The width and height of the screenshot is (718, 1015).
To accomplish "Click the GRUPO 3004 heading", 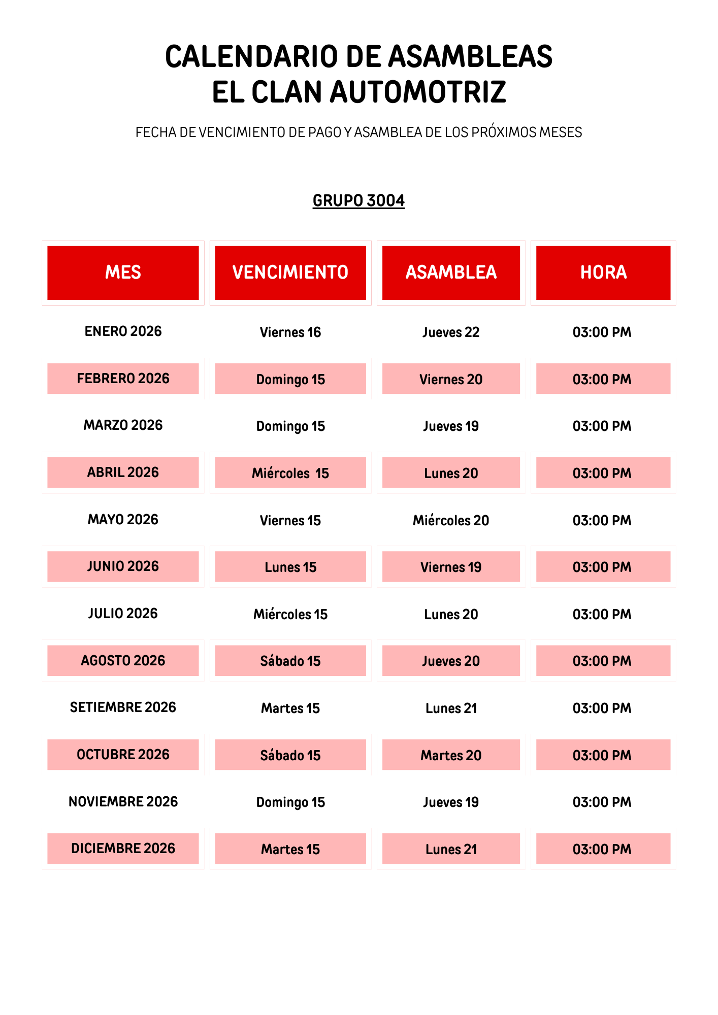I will coord(358,200).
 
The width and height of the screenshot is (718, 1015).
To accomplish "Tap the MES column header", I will coord(123,273).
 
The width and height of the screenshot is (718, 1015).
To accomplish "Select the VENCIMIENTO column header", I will coord(290,273).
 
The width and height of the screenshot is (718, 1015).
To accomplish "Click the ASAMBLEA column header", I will coord(451,273).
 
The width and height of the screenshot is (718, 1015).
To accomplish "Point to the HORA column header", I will coord(603,273).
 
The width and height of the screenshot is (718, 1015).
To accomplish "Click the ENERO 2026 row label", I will coord(123,331).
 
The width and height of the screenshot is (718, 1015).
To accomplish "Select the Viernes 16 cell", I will coord(290,332).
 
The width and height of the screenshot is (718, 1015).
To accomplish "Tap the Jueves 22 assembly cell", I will coord(451,332).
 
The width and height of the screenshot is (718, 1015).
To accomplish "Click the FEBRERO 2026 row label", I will coord(123,379).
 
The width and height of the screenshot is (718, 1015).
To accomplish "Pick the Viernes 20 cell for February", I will coord(451,379).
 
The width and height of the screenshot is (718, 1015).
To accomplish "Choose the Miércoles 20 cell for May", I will coord(451,520).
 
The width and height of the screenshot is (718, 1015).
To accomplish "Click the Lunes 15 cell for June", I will coord(290,567).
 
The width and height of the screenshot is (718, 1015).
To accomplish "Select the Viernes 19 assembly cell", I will coord(451,567).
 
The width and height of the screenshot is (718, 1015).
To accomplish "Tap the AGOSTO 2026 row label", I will coord(123,660).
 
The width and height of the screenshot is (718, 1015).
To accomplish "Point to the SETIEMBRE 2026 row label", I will coord(123,707).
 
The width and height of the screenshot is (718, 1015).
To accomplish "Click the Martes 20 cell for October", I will coord(451,755).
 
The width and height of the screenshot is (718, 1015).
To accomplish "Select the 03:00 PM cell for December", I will coord(602,849).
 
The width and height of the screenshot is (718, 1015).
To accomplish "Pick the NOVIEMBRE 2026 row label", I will coord(123,802).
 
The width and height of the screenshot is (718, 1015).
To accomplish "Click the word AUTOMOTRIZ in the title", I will coord(417,92).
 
